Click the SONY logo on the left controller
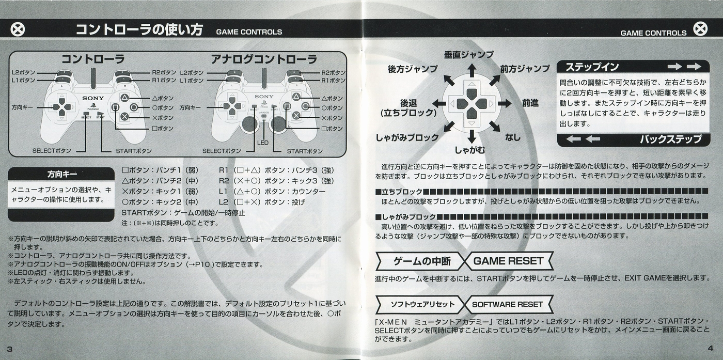(x=93, y=98)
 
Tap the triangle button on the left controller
(x=125, y=98)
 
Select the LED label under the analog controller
(x=263, y=143)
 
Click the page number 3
(x=10, y=349)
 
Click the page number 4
(x=710, y=348)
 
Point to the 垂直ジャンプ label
(x=469, y=55)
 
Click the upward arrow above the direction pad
(x=472, y=70)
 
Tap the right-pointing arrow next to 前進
(x=505, y=104)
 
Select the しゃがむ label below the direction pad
(x=470, y=150)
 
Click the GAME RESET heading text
(x=508, y=261)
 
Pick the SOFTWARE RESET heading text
(x=507, y=304)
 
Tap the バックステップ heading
(x=671, y=139)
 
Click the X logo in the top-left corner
(x=18, y=30)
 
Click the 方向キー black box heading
(x=62, y=175)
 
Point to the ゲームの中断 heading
(x=422, y=261)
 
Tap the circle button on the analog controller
(x=305, y=106)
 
